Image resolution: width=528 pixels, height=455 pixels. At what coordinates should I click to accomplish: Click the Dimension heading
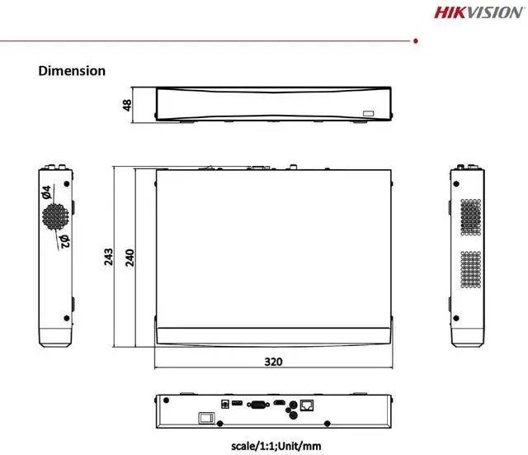[x=72, y=71]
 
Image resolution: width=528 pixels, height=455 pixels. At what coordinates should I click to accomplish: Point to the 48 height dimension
[x=127, y=105]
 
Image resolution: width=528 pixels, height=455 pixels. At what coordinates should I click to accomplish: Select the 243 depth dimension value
[x=109, y=257]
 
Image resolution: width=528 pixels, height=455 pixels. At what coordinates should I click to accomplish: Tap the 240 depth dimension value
[x=129, y=257]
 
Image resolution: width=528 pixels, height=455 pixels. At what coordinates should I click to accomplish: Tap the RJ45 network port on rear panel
[x=309, y=405]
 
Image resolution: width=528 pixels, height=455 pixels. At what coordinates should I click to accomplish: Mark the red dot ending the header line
[x=416, y=39]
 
